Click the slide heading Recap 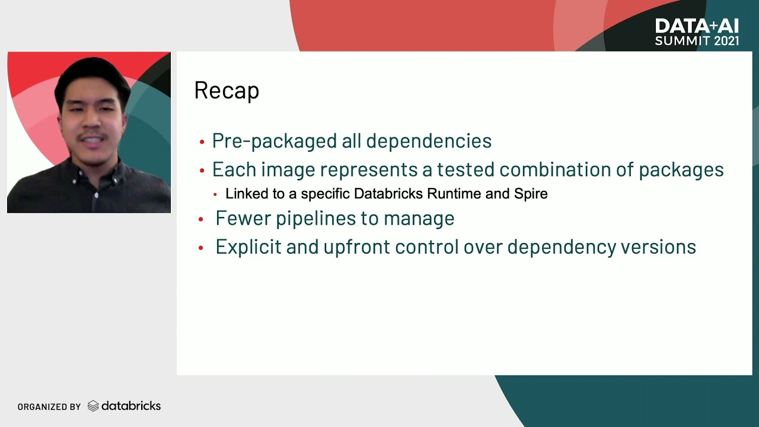point(227,91)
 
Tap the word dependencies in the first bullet point(429,141)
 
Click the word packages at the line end point(681,170)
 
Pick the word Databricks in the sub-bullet point(388,194)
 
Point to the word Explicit point(248,247)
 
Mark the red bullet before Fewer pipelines point(201,219)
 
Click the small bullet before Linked point(215,195)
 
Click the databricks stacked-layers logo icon point(93,406)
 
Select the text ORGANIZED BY point(49,407)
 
